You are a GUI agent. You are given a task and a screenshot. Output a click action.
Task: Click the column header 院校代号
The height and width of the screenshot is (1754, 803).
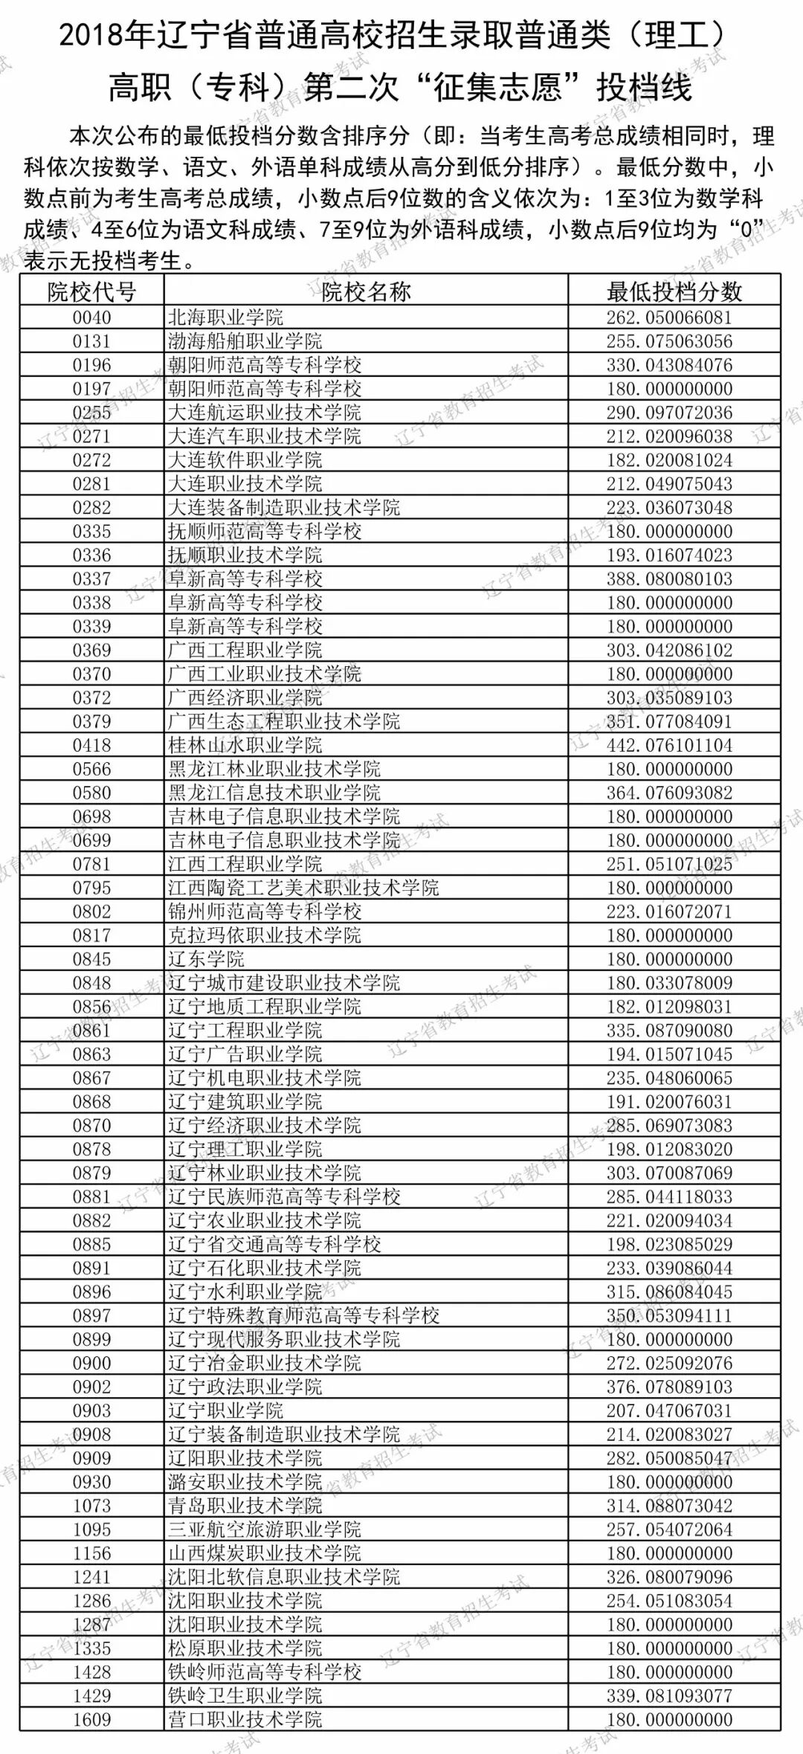coord(91,291)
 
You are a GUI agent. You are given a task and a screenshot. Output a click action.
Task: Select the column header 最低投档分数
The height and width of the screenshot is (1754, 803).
coord(674,291)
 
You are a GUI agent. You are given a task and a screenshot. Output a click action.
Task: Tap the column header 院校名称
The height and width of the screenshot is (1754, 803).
coord(366,291)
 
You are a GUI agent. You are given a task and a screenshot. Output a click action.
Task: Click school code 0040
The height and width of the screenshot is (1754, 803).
coord(91,317)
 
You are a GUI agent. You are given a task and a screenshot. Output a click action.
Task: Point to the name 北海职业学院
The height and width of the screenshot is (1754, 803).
coord(225,317)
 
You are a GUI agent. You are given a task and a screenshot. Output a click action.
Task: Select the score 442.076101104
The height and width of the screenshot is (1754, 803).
coord(669,745)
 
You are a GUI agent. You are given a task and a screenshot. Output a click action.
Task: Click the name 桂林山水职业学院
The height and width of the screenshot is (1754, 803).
coord(245,745)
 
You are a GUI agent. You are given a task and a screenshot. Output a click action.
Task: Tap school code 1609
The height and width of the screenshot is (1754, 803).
coord(91,1719)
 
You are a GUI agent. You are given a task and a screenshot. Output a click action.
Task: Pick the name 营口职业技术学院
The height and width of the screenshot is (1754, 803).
coord(245,1719)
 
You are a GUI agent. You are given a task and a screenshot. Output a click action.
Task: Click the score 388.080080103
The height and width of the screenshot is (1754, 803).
coord(669,578)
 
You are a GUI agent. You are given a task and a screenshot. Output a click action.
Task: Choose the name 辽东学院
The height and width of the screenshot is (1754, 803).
coord(206,959)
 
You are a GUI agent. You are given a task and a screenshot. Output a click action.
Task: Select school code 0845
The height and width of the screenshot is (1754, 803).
coord(91,959)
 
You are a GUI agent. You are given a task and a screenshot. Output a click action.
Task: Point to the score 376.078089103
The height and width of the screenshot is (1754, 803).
coord(669,1387)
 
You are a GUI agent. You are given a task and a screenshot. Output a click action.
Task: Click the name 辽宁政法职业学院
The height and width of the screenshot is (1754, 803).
coord(245,1387)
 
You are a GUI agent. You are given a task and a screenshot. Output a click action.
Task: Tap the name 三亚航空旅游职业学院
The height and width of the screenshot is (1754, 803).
coord(264,1529)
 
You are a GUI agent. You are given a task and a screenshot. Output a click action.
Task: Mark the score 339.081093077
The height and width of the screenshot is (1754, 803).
coord(669,1695)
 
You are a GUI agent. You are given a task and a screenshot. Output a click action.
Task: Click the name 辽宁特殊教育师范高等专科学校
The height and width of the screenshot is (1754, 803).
coord(303,1315)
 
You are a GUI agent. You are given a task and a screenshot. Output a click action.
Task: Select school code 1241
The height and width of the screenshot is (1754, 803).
coord(91,1577)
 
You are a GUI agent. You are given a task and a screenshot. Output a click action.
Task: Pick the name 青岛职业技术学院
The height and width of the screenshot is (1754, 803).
coord(245,1506)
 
